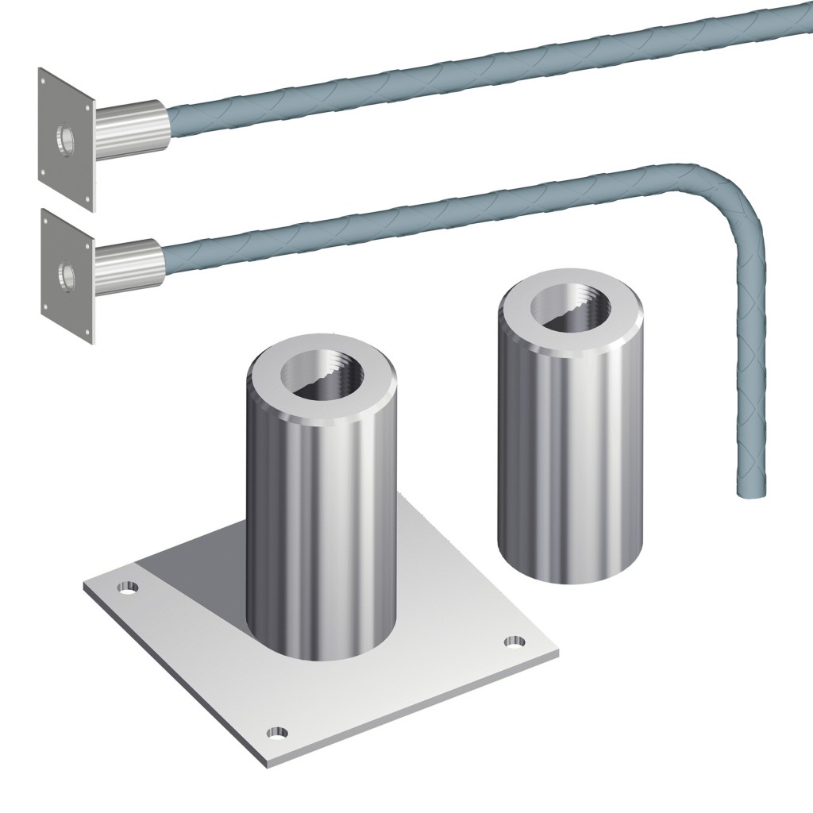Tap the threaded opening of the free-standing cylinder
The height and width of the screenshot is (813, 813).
coord(569,310)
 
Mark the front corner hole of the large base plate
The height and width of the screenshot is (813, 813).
coord(275,732)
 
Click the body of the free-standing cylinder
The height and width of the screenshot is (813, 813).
coord(570,445)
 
